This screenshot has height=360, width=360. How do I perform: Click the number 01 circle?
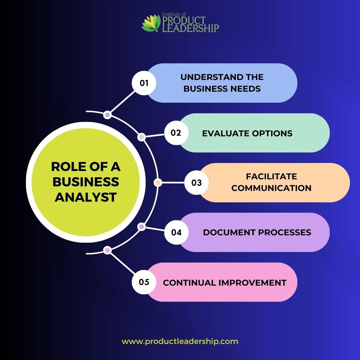click(144, 83)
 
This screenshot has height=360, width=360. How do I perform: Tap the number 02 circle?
click(176, 133)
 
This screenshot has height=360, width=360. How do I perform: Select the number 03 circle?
click(196, 183)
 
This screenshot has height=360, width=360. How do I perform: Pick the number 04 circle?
click(176, 232)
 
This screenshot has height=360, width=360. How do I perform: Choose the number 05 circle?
click(144, 282)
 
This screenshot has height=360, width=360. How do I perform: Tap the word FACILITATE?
click(271, 176)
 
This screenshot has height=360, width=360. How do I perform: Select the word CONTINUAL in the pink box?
click(189, 283)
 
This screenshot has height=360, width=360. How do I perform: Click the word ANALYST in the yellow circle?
click(86, 197)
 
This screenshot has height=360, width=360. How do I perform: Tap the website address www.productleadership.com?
click(180, 341)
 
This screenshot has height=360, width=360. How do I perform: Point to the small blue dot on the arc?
click(107, 115)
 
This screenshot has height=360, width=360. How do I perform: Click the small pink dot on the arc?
click(107, 250)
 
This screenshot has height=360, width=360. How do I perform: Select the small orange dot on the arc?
click(158, 183)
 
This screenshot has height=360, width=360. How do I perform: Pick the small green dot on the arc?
click(142, 137)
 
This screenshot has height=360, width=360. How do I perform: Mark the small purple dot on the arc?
click(142, 227)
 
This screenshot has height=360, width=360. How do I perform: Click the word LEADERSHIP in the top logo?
click(190, 28)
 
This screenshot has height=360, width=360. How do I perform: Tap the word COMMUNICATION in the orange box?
click(271, 188)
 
